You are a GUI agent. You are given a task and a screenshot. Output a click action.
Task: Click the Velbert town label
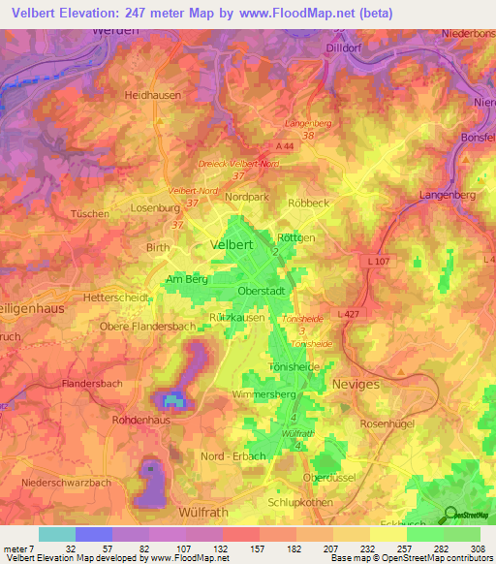232,246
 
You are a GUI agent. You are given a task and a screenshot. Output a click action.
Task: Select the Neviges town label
357,384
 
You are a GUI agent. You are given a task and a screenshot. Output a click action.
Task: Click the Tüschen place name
91,212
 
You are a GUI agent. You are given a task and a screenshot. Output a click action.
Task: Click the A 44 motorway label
284,145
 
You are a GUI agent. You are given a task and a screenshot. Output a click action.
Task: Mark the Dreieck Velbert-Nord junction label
237,165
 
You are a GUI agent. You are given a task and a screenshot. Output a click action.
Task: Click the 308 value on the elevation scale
477,548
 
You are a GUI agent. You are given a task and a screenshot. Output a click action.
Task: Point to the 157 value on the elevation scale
260,548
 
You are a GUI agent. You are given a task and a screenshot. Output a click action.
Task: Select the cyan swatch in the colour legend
56,534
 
